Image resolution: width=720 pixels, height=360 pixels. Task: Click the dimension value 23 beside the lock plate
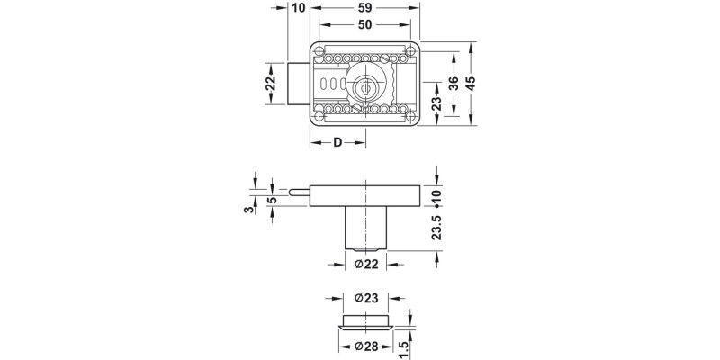(x=436, y=106)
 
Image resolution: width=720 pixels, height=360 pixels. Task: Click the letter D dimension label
(x=337, y=143)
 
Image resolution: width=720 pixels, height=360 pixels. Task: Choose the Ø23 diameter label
(x=365, y=298)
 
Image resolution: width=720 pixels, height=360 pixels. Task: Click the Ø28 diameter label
(x=365, y=347)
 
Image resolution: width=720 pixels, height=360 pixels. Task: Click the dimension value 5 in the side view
(x=271, y=200)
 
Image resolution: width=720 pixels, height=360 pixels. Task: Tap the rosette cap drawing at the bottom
(x=365, y=322)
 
